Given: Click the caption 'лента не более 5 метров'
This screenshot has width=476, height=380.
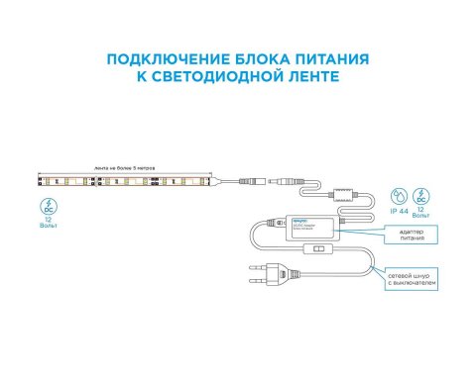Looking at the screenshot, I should (125, 167).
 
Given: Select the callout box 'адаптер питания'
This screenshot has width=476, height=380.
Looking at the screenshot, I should (410, 235).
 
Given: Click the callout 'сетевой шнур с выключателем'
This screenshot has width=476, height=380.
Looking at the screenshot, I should (410, 282).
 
